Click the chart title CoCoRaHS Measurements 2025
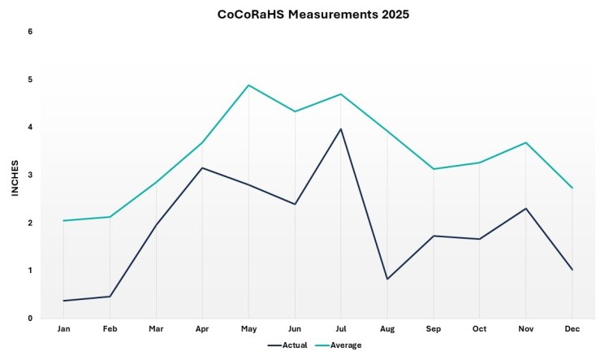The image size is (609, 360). click(x=304, y=15)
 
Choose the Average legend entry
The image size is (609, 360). click(x=339, y=345)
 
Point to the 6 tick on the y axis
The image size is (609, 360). click(x=30, y=32)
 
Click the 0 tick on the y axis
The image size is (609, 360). click(x=30, y=319)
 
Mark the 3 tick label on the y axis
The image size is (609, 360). click(x=30, y=175)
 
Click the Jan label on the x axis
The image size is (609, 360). click(x=63, y=329)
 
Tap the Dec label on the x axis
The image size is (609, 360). click(x=572, y=329)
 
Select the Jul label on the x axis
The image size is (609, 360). click(x=341, y=329)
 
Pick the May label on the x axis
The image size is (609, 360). click(x=248, y=329)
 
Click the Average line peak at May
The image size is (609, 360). click(x=248, y=85)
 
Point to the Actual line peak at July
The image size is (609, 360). click(x=341, y=129)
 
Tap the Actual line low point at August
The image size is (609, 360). click(x=387, y=279)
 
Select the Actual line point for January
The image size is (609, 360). click(x=63, y=301)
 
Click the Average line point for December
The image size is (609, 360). click(x=572, y=188)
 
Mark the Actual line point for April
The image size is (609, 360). click(x=202, y=168)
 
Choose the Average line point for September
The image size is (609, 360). click(x=434, y=169)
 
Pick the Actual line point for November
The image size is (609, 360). click(x=526, y=209)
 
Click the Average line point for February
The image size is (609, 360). click(x=110, y=217)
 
